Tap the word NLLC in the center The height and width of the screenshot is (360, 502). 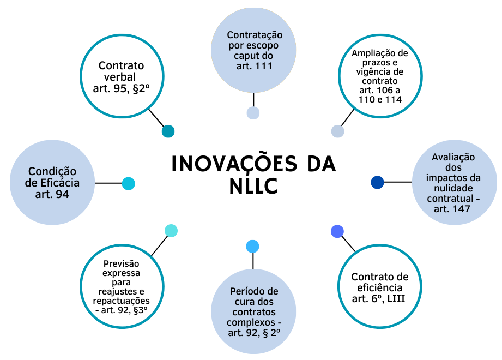(x=254, y=186)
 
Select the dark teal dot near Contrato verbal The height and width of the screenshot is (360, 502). (x=168, y=131)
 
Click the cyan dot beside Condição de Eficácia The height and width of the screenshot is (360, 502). (x=128, y=183)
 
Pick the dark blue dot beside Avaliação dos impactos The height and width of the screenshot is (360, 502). (x=377, y=182)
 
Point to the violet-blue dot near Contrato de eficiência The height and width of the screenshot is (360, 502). (x=337, y=231)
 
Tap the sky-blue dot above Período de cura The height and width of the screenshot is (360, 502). (x=252, y=246)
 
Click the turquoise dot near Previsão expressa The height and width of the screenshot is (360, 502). (x=171, y=231)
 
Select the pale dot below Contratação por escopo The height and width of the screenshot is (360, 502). (x=253, y=113)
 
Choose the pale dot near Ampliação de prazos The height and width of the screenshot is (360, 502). (x=337, y=131)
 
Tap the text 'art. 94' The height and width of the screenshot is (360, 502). (x=52, y=194)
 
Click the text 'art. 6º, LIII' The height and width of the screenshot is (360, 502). (x=380, y=298)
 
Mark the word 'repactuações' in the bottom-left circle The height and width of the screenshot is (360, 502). (x=121, y=301)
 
